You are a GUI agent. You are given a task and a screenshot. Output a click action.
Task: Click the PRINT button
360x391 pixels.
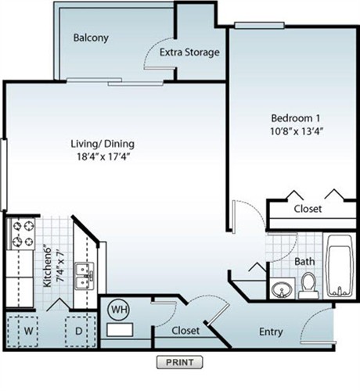pyautogui.click(x=179, y=362)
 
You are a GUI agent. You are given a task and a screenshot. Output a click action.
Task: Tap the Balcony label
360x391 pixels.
pyautogui.click(x=90, y=38)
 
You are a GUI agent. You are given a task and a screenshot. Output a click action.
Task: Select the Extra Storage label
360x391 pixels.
pyautogui.click(x=189, y=52)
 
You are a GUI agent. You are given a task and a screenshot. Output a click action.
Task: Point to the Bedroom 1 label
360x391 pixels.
pyautogui.click(x=286, y=117)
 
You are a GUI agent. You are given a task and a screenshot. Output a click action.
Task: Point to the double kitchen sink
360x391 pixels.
pyautogui.click(x=82, y=274)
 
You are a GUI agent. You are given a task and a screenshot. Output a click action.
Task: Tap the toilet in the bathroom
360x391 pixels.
pyautogui.click(x=308, y=285)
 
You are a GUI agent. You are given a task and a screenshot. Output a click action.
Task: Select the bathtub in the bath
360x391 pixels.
pyautogui.click(x=338, y=266)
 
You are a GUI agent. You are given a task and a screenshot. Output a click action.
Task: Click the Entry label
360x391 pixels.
pyautogui.click(x=271, y=331)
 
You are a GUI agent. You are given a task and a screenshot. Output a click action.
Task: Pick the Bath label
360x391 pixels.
pyautogui.click(x=304, y=261)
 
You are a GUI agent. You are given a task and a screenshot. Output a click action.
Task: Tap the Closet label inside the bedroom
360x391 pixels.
pyautogui.click(x=307, y=210)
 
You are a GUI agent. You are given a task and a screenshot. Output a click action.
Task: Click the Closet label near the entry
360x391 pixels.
pyautogui.click(x=185, y=331)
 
